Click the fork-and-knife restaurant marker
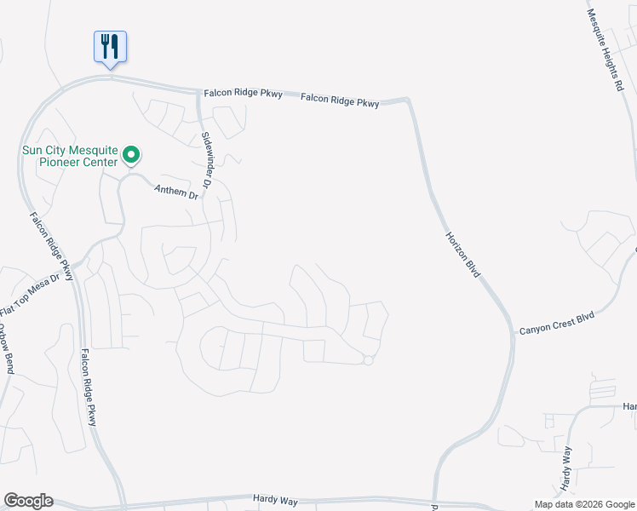tap(110, 47)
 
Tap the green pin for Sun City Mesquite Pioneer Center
tap(131, 154)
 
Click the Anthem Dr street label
tap(175, 193)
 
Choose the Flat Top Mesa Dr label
tap(32, 291)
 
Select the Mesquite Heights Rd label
tap(606, 46)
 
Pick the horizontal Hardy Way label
tap(275, 497)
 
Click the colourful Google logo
tap(28, 501)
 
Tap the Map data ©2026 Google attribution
tap(584, 504)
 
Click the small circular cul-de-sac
tap(368, 360)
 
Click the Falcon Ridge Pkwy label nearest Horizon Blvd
tap(340, 100)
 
